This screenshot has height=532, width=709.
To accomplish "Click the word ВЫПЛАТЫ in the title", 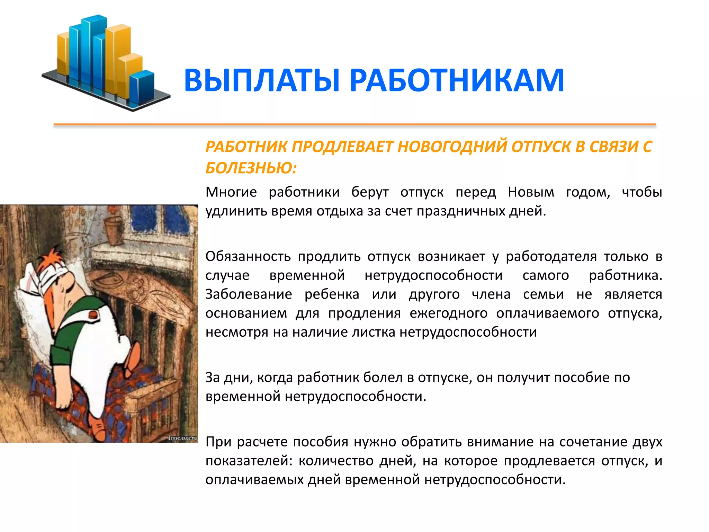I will pyautogui.click(x=262, y=80).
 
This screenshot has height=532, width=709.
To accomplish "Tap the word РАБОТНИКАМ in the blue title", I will pyautogui.click(x=457, y=80).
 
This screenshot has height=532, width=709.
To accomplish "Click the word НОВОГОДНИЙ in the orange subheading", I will pyautogui.click(x=453, y=147).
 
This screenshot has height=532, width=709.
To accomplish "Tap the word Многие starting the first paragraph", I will pyautogui.click(x=231, y=192).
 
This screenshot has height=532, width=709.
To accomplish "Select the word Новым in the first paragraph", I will pyautogui.click(x=531, y=192).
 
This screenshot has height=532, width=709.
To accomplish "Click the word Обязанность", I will pyautogui.click(x=248, y=257).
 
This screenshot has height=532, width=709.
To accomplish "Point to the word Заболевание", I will pyautogui.click(x=249, y=294).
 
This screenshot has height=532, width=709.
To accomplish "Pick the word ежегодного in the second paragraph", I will pyautogui.click(x=449, y=313).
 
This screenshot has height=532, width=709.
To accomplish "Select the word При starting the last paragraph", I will pyautogui.click(x=217, y=442).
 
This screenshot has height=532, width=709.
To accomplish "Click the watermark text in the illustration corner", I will pyautogui.click(x=182, y=438).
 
